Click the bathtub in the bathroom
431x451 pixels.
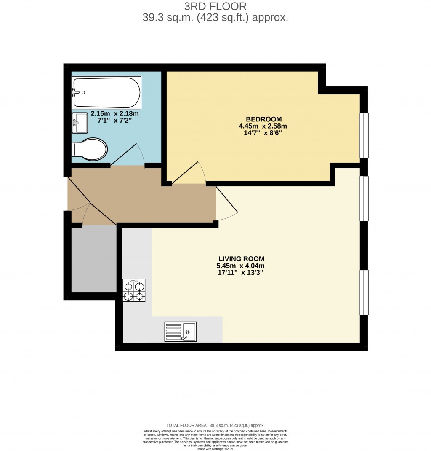click(106, 92)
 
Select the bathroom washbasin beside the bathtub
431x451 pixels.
click(80, 123)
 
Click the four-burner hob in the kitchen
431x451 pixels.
click(133, 290)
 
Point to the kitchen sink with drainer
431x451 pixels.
click(180, 332)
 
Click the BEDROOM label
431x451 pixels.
click(264, 119)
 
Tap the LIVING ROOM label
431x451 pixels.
click(241, 259)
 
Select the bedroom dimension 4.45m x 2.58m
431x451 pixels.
click(263, 126)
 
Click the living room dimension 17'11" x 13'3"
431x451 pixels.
click(241, 273)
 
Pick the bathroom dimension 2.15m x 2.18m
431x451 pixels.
click(115, 113)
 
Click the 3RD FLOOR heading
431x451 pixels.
click(215, 6)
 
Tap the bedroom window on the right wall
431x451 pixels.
click(363, 135)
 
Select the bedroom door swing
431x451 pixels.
click(189, 174)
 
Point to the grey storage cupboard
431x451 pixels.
click(94, 259)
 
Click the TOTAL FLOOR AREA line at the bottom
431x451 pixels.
click(215, 426)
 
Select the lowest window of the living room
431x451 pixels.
click(363, 293)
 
